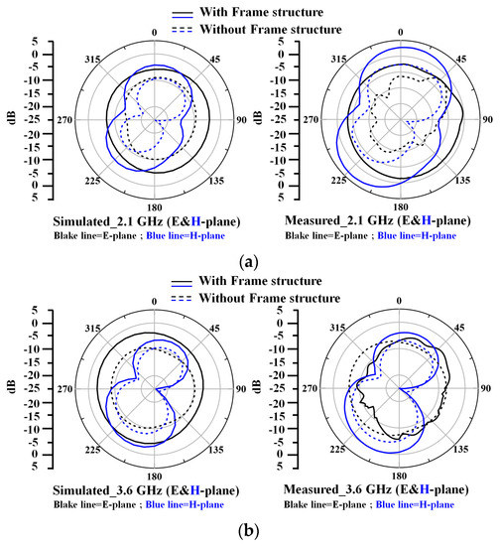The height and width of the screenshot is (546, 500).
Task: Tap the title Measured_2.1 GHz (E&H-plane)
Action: pyautogui.click(x=377, y=219)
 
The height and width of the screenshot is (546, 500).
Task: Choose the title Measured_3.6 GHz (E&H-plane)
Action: pyautogui.click(x=377, y=488)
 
